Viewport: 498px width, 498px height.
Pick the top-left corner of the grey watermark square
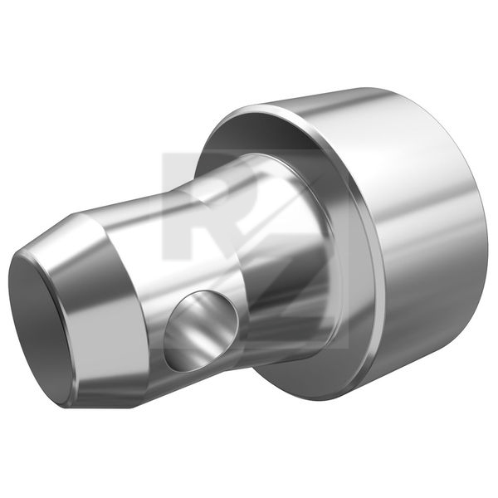tap(164, 154)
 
